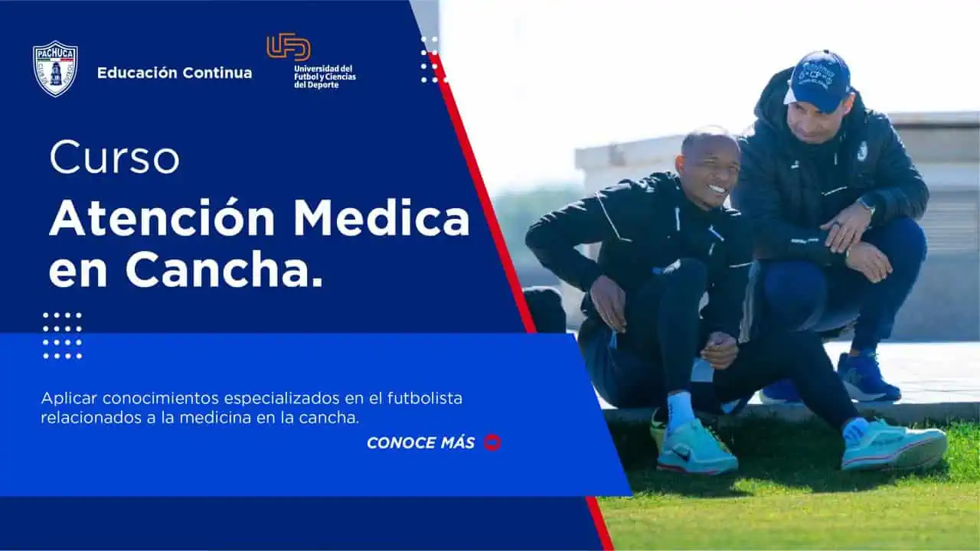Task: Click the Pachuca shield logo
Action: point(55,69)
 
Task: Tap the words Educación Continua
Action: point(174,73)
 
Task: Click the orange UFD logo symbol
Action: point(289,47)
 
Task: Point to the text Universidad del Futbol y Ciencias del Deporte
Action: point(325,77)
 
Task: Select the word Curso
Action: point(114,158)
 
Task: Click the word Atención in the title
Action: point(162,219)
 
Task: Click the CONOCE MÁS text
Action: point(420,443)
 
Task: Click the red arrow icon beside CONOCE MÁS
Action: point(492,442)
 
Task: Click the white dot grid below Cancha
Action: point(62,335)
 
